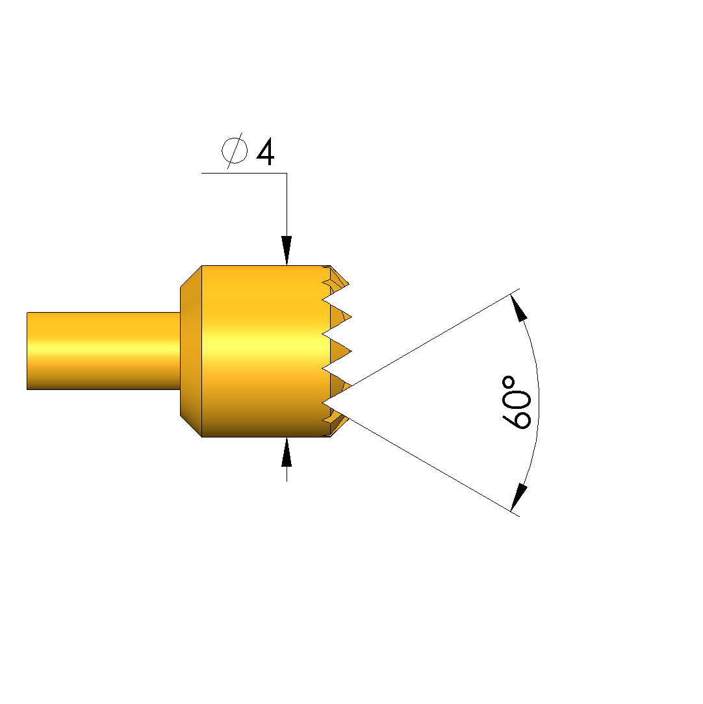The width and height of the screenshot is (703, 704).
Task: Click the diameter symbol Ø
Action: [234, 151]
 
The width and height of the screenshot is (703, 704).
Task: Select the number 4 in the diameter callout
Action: [265, 151]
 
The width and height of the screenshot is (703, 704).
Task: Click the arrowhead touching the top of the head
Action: [287, 250]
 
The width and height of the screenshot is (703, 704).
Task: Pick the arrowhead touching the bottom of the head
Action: [287, 452]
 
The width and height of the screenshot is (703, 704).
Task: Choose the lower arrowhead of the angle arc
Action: [519, 497]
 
